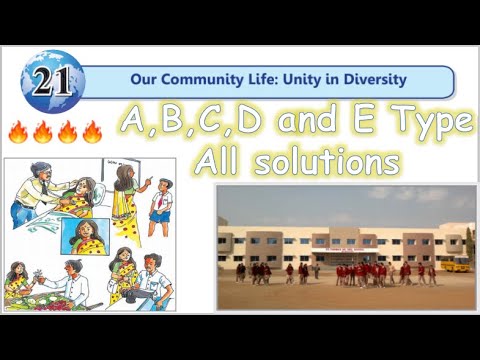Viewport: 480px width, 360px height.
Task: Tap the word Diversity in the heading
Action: [369, 78]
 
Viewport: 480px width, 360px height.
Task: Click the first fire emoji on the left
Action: [18, 132]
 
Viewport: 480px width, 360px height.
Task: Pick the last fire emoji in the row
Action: [92, 132]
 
